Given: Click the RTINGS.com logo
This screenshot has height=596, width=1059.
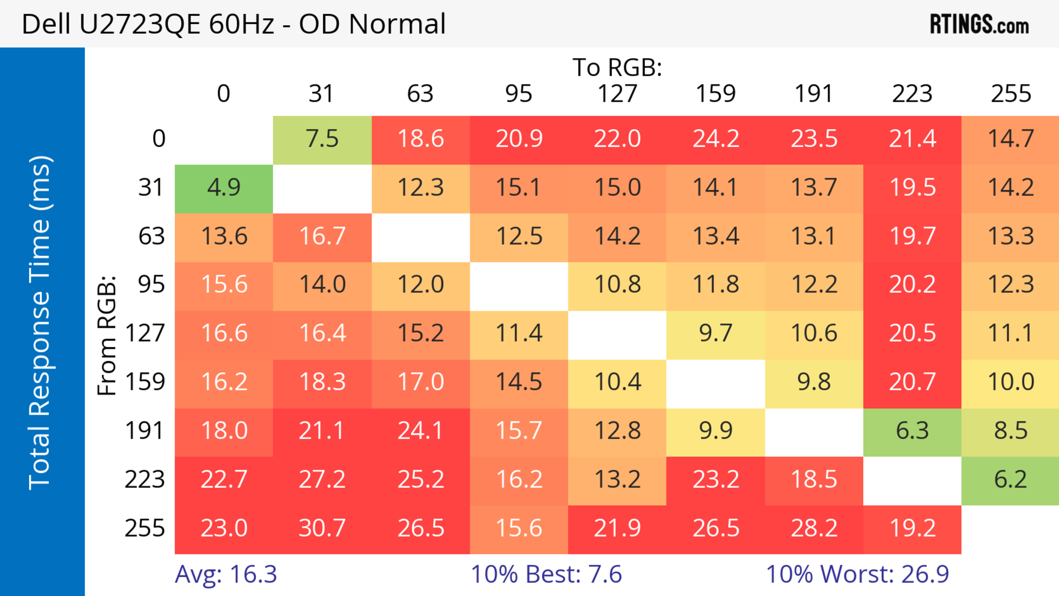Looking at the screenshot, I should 979,24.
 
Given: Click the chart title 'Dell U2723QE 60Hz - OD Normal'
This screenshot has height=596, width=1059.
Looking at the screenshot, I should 234,24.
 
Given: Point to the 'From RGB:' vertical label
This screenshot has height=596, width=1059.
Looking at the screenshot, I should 107,335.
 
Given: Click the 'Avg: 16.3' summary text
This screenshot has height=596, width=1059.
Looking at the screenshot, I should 226,574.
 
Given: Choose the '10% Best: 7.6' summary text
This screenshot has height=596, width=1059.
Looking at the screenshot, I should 546,574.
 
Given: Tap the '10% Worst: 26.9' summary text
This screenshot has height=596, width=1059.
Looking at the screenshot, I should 858,574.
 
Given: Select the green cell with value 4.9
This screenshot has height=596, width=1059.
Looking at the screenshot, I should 224,188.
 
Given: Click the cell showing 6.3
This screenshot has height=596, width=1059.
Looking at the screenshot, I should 912,431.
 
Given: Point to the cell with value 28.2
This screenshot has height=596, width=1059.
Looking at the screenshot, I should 814,528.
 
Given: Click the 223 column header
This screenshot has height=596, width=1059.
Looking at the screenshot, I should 912,94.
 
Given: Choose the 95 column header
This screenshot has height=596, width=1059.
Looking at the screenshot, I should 519,94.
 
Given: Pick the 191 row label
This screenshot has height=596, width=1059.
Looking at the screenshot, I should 145,431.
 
